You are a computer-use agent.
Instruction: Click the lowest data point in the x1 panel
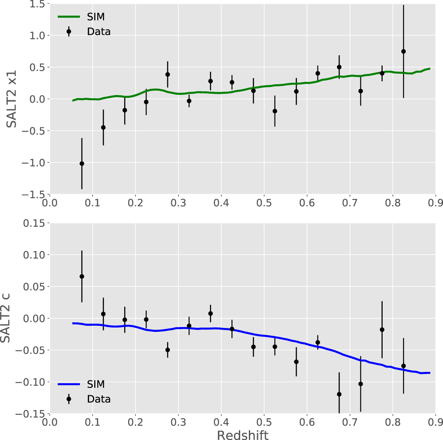click(x=82, y=163)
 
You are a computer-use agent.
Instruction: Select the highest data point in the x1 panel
click(x=403, y=51)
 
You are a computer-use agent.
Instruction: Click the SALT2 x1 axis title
click(x=12, y=99)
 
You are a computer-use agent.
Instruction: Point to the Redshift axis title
click(x=242, y=435)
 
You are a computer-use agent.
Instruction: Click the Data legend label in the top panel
click(x=99, y=31)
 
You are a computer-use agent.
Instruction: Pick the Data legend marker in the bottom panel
click(x=69, y=399)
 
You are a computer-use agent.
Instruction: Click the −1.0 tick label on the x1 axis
click(x=33, y=162)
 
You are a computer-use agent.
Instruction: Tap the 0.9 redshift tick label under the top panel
click(x=435, y=203)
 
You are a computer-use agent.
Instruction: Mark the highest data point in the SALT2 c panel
click(x=82, y=276)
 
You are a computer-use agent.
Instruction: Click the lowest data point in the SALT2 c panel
click(x=339, y=394)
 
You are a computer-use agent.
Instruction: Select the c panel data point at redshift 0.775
click(x=382, y=330)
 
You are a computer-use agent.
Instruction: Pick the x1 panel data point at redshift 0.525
click(x=275, y=111)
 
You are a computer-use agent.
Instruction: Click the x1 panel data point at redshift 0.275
click(x=168, y=74)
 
